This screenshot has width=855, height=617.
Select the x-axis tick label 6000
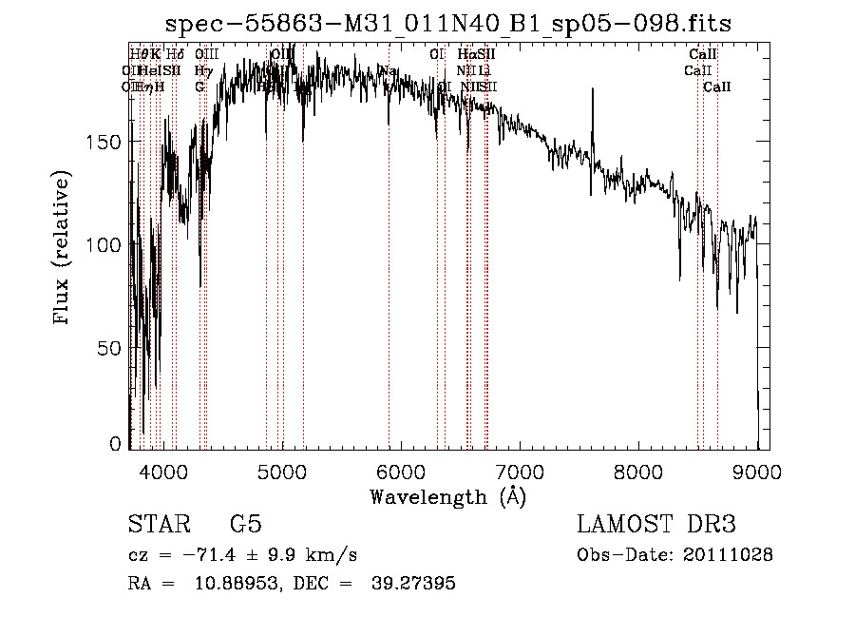tap(401, 472)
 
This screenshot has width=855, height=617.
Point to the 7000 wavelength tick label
tap(520, 472)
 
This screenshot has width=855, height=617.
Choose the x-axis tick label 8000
tap(638, 472)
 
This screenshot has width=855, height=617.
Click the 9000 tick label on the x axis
tap(757, 472)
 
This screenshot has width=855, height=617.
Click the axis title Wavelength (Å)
tap(447, 496)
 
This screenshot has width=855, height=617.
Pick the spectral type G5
tap(245, 525)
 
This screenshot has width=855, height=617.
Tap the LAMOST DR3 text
tap(656, 525)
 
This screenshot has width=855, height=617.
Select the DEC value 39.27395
tap(416, 584)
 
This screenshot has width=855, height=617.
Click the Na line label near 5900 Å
tap(388, 71)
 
